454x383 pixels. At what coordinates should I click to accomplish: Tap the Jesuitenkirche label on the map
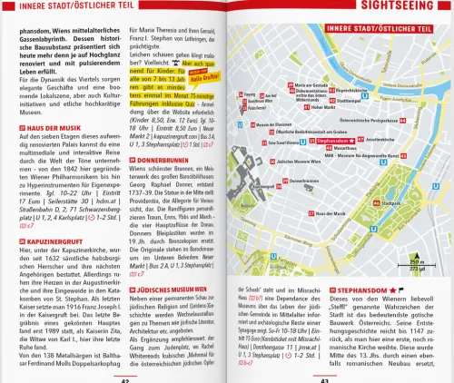(382, 139)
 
